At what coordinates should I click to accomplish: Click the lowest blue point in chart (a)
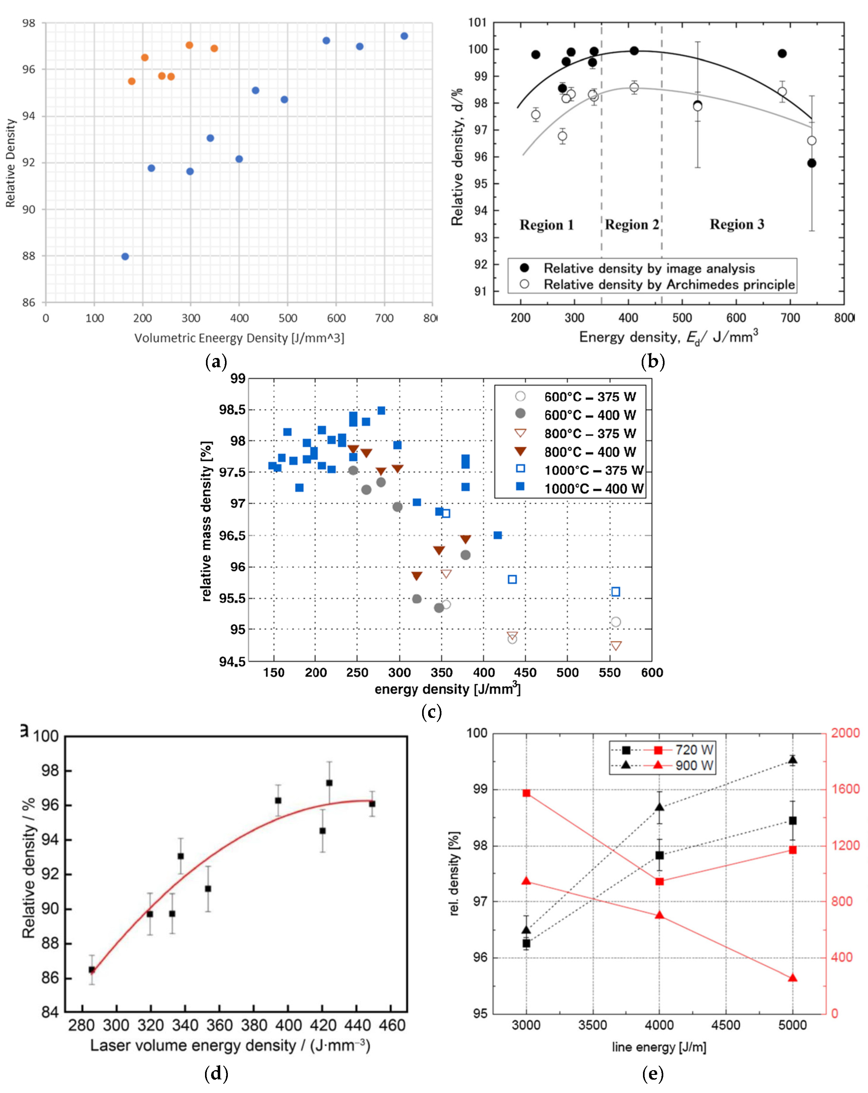point(125,256)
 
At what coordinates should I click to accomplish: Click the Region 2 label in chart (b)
point(632,225)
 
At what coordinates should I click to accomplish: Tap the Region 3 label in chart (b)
point(737,225)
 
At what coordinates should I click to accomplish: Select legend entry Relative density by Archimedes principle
point(669,284)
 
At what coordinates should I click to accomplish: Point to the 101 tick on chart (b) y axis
point(477,23)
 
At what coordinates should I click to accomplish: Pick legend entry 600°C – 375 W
point(590,397)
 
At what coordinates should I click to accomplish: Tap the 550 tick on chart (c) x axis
point(609,673)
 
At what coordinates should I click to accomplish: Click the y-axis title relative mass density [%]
point(206,521)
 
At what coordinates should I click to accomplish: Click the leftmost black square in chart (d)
point(92,970)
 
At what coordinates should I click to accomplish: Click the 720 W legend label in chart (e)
point(694,750)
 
